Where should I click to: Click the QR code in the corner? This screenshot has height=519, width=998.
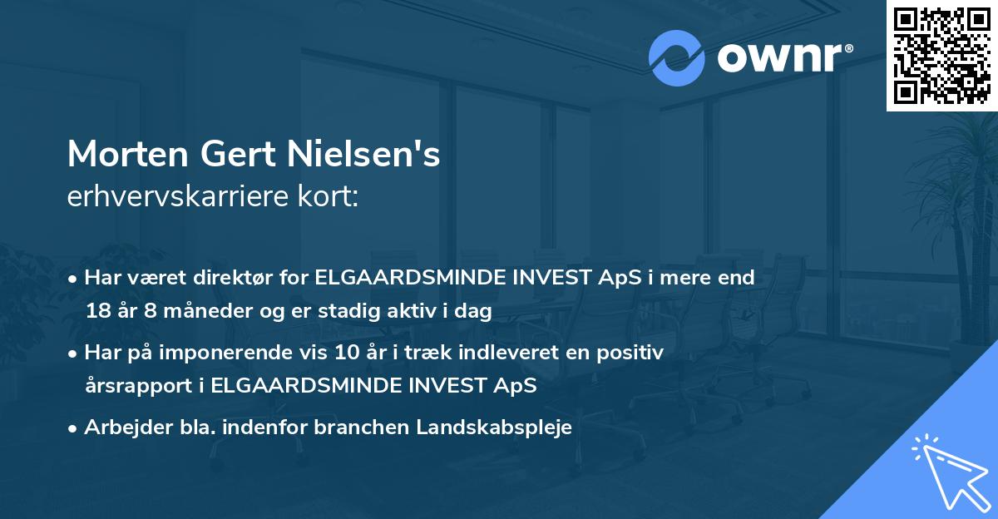tap(941, 55)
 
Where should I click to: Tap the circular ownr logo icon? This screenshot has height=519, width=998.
tap(676, 57)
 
